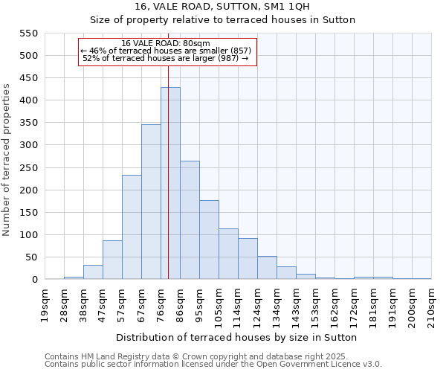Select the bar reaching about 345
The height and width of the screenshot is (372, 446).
click(151, 202)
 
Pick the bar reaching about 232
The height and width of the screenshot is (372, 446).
click(132, 227)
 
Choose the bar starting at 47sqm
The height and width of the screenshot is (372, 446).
click(112, 260)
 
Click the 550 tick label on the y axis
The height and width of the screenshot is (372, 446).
click(28, 33)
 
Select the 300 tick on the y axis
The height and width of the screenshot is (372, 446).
click(28, 145)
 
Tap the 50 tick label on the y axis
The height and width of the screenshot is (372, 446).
click(30, 257)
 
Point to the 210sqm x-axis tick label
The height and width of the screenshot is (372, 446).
click(431, 304)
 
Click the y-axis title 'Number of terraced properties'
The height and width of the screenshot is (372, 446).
click(7, 160)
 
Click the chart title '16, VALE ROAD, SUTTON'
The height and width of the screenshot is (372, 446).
click(222, 6)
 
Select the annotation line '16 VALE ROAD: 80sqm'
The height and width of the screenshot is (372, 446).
click(166, 43)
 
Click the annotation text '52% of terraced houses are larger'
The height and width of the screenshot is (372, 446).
click(165, 58)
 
